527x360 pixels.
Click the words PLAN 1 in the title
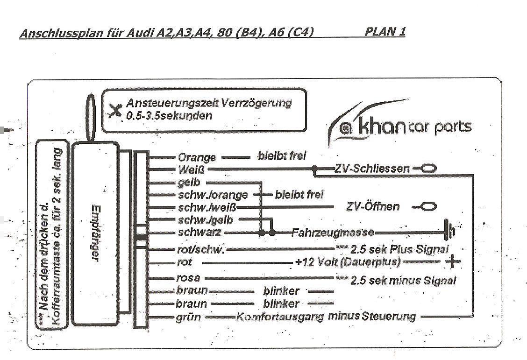tap(385, 31)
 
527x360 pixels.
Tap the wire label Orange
tap(197, 157)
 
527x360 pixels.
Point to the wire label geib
tap(189, 183)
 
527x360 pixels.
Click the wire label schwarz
tap(199, 233)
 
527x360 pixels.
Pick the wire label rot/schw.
tap(200, 249)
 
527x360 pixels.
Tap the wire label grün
tap(188, 318)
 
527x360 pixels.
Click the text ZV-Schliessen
tap(372, 168)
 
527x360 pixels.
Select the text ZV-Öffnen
tap(373, 206)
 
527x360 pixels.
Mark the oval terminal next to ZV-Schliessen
tap(428, 168)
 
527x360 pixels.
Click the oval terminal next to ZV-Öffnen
tap(428, 206)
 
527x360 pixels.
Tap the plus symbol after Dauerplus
tap(453, 261)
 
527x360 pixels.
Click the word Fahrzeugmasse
tap(333, 232)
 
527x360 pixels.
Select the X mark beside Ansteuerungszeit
tap(115, 110)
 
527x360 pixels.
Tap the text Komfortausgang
tap(280, 317)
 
